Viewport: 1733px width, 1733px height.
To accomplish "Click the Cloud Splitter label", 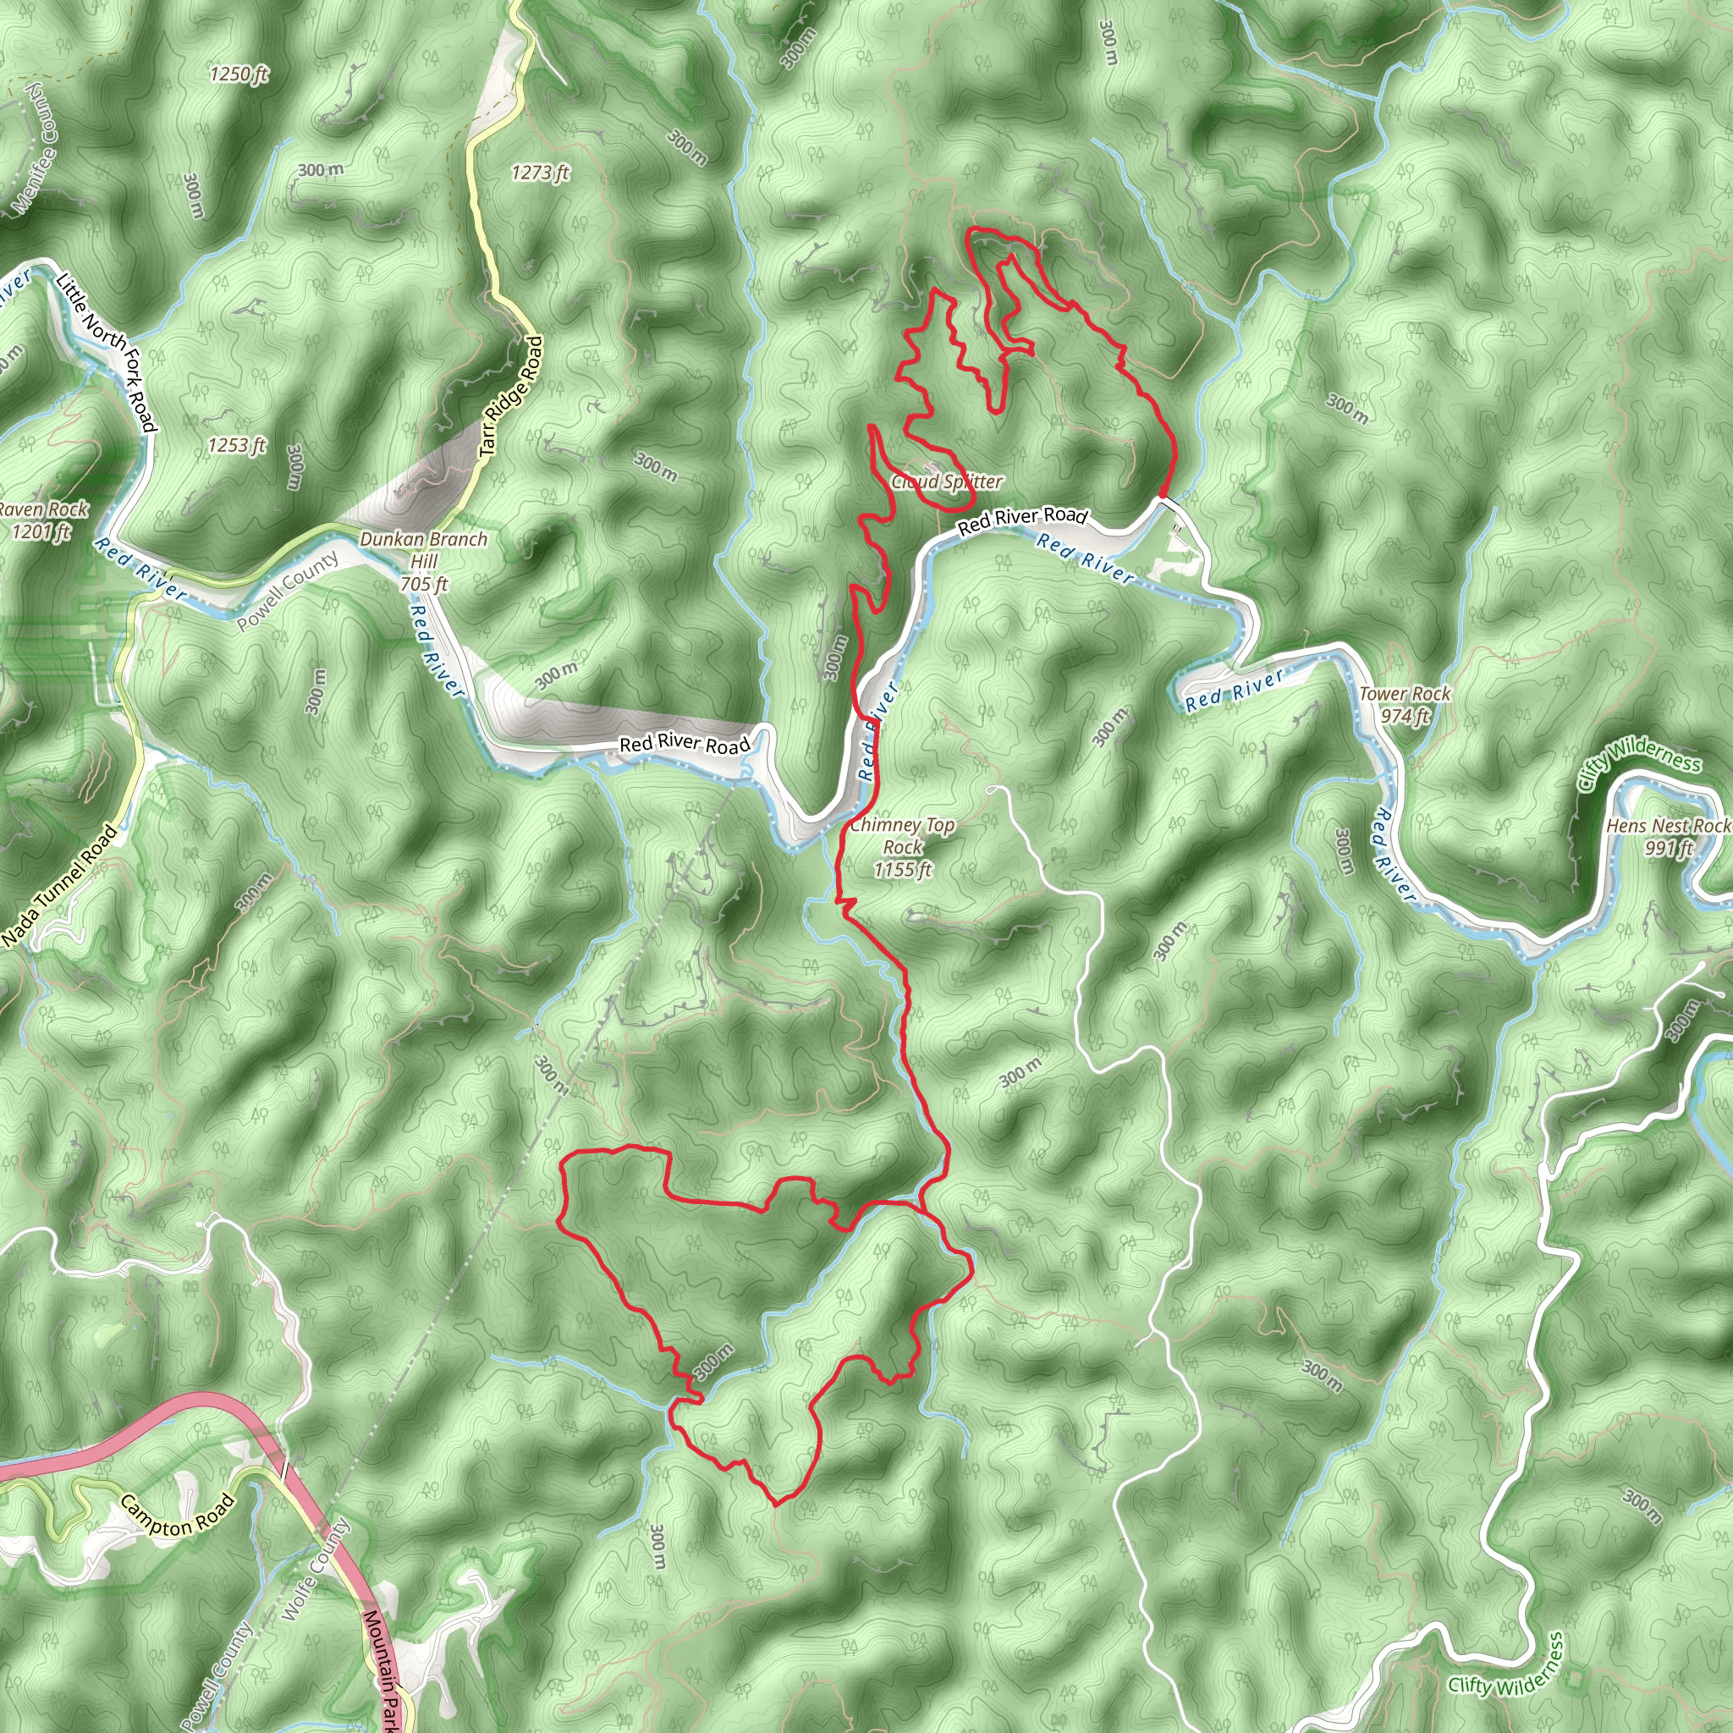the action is point(946,481).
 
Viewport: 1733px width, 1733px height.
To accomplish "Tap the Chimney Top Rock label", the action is point(902,847).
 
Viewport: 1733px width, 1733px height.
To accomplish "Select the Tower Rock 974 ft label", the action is point(1404,704).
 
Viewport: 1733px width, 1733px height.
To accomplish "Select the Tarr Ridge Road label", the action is point(512,395).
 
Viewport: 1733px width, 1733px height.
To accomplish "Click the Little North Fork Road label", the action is point(106,353).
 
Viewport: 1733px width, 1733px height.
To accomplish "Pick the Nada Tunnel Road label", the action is point(59,886).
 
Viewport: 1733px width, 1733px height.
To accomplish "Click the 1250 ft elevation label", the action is point(239,74).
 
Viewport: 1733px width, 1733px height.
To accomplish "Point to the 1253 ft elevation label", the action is point(237,445).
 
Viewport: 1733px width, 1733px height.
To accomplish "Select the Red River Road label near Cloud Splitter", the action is point(1021,520).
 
